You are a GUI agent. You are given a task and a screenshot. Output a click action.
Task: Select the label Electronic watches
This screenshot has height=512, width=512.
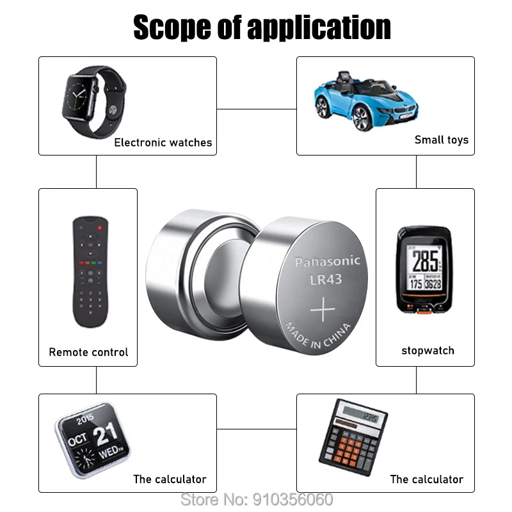coord(163,143)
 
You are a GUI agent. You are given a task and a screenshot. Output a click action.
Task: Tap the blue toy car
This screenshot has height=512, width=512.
coord(359,102)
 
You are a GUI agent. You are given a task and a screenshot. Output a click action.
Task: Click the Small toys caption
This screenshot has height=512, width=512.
coord(441,140)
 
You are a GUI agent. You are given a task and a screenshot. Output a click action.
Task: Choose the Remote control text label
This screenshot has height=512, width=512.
coord(88,352)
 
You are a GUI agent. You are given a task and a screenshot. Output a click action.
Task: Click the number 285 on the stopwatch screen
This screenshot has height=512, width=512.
coord(425,260)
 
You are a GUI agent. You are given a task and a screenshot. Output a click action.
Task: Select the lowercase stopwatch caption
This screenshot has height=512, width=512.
coord(428,351)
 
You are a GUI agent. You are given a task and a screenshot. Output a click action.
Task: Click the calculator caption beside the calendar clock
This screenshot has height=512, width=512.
coord(170,479)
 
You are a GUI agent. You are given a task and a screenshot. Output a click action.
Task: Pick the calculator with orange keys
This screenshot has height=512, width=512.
coord(353,436)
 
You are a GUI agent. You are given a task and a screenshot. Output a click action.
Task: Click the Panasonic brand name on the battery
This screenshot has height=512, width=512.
coord(327,261)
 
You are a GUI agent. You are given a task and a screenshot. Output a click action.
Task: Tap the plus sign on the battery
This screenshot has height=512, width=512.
coord(323,311)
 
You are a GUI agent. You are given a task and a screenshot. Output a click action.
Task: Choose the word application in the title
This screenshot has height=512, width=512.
coord(319,29)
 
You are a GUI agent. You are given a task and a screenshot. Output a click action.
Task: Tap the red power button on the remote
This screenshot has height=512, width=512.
coord(100,227)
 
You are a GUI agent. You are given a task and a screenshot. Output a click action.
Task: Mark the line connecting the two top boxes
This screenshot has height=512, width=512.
coord(256,109)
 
